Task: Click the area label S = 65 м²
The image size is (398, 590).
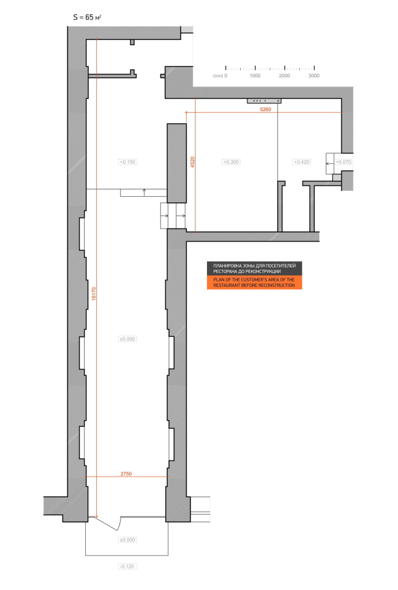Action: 87,17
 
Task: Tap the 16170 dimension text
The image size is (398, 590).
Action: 94,294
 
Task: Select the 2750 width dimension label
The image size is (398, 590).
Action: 126,473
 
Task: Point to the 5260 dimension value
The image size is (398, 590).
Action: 265,110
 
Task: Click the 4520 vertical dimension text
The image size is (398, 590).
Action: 193,162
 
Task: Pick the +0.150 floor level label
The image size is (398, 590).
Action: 127,162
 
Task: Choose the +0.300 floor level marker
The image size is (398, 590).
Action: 231,162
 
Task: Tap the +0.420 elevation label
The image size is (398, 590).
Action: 301,162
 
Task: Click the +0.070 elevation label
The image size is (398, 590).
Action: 343,162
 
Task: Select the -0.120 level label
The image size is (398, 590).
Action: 127,566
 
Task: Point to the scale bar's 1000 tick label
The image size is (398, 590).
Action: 255,75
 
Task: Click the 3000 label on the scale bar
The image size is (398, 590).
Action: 314,75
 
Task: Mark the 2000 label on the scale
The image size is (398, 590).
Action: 285,75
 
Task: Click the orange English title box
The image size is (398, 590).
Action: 255,283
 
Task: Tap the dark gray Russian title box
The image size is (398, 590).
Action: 255,269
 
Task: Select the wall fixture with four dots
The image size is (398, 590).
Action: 264,101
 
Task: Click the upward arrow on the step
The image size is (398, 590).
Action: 145,193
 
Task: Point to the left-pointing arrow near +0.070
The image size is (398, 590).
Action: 329,164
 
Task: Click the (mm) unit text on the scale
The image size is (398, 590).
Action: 218,75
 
